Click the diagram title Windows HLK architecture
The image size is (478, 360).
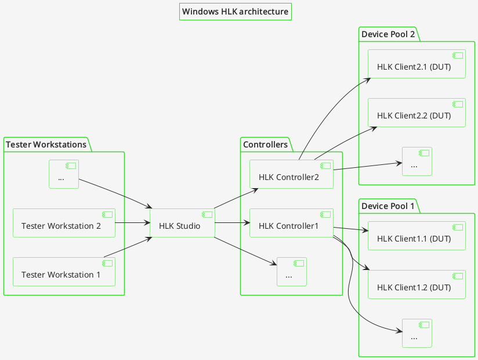235,12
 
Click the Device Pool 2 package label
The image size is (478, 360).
388,34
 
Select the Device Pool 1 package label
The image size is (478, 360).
388,206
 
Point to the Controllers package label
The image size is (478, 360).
265,145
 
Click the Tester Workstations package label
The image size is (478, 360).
46,145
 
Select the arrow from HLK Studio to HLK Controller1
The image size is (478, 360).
232,222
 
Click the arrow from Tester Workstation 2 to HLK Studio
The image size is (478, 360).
133,222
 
